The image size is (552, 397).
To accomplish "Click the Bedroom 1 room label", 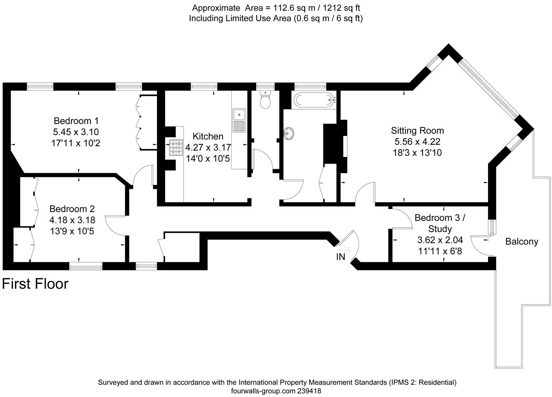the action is click(76, 121).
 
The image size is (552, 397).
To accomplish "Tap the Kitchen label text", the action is click(208, 136).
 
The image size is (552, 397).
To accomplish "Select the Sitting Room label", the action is click(417, 130).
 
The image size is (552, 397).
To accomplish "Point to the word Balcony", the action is click(522, 242).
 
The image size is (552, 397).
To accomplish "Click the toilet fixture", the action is click(265, 100).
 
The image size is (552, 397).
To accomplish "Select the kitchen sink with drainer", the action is click(239, 121).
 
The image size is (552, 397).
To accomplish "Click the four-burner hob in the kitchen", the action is click(176, 147).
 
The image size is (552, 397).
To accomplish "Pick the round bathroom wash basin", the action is click(289, 134).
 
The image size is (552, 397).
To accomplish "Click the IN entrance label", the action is click(341, 257).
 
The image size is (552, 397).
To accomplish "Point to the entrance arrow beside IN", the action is click(347, 250).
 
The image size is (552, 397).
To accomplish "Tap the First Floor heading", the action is click(35, 284).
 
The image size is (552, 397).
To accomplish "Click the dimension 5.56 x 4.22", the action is click(417, 142).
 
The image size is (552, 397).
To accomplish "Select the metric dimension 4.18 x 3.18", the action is click(72, 220).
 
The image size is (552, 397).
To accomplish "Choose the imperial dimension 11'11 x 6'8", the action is click(440, 251).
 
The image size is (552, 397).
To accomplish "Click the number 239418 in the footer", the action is click(309, 391).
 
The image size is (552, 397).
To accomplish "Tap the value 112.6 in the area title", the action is click(284, 8).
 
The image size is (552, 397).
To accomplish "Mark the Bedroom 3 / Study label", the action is click(440, 223).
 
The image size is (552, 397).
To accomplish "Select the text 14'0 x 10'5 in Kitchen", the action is click(208, 158).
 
